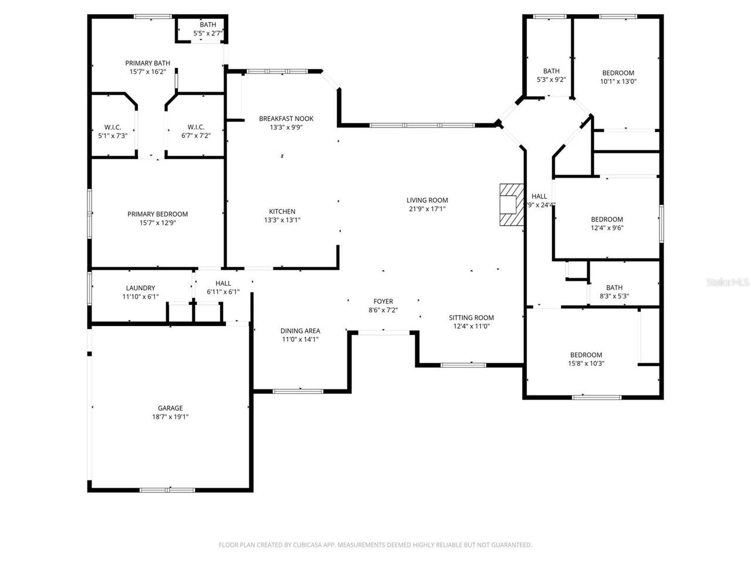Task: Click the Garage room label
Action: coord(170,408)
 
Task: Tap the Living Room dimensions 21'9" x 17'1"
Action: coord(428,209)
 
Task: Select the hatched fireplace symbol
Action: coord(510,204)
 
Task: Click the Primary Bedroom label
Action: coord(157,214)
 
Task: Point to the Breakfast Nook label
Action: coord(286,119)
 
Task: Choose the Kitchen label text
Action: coord(282,211)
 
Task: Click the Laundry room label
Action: coord(140,288)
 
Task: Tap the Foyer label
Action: coord(383,301)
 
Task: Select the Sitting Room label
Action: coord(471,318)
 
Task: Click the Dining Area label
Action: coord(300,331)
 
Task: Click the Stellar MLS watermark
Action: coord(728,283)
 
